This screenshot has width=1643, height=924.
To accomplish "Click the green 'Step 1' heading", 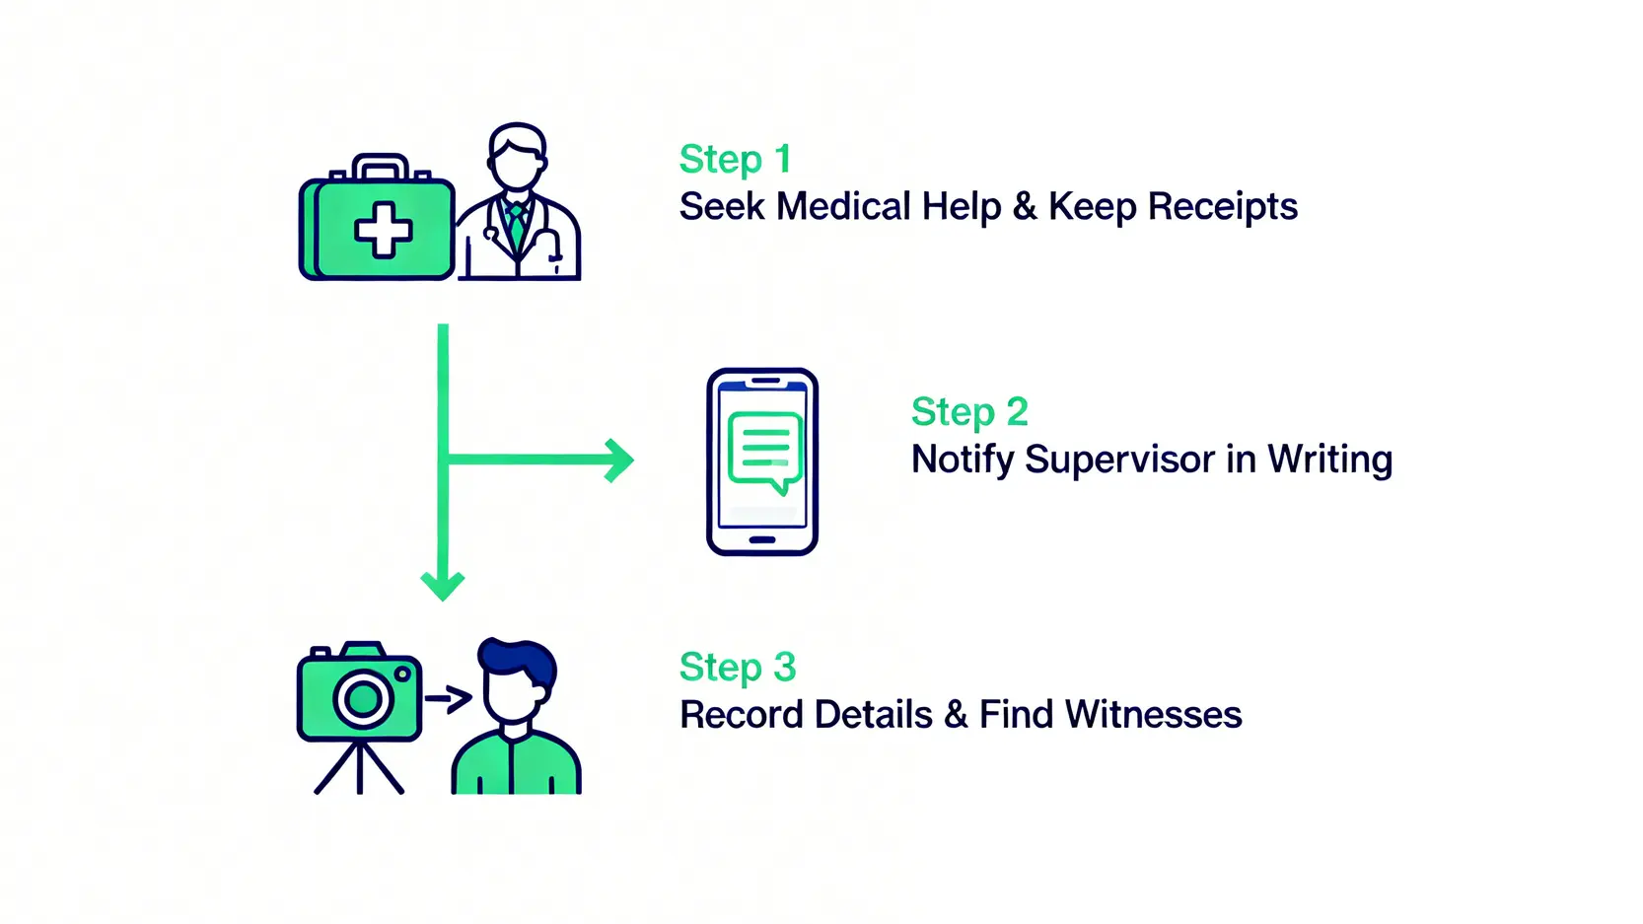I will [735, 160].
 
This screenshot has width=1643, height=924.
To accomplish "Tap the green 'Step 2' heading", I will [969, 412].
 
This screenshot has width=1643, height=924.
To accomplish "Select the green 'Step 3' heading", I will [737, 668].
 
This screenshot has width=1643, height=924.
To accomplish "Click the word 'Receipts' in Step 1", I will [1222, 207].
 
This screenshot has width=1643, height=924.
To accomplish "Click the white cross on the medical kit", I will [384, 231].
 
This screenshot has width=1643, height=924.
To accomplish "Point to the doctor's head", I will [517, 158].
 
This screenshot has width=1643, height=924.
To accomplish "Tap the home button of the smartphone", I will [762, 540].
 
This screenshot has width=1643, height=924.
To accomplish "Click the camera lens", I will [363, 699].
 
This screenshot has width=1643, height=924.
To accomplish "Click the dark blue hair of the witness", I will [518, 659].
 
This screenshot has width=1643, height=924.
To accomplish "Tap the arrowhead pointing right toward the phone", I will [619, 460].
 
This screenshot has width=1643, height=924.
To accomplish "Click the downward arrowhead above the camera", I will [443, 586].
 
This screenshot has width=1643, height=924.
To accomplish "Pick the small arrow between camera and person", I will [449, 699].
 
